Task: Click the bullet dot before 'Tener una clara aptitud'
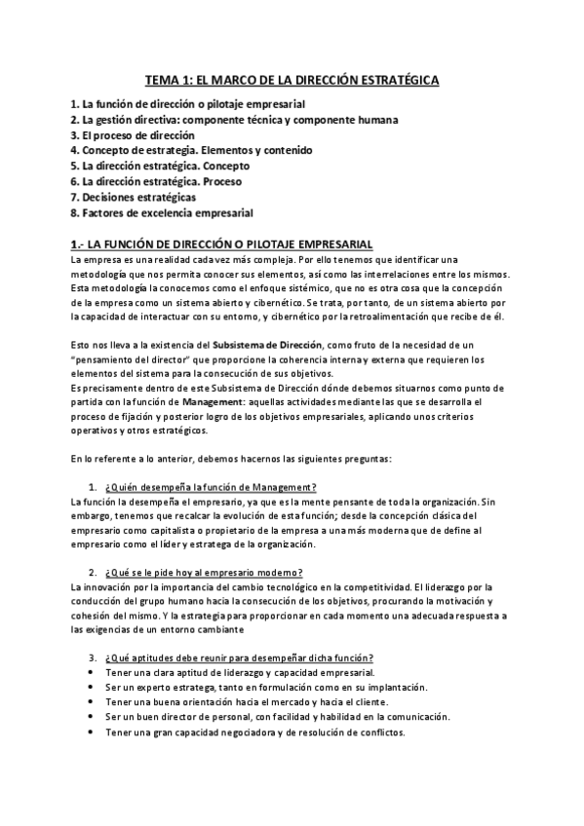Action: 93,673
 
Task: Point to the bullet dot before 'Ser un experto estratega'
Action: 93,688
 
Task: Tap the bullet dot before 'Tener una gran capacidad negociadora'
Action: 93,732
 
